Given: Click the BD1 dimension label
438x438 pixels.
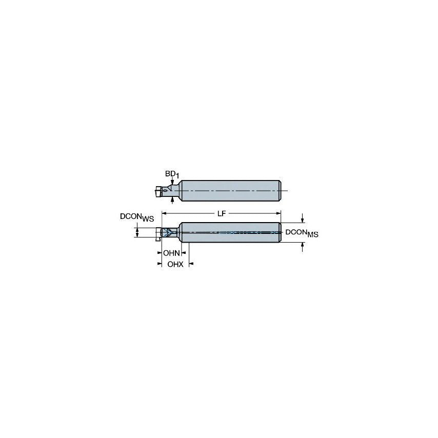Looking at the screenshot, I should click(x=172, y=175).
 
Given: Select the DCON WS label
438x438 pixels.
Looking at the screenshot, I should click(x=136, y=217).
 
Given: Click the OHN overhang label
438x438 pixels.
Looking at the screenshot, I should click(x=171, y=253).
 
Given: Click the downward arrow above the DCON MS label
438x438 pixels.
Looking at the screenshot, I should click(x=303, y=220).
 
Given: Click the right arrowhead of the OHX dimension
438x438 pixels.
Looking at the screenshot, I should click(x=191, y=264).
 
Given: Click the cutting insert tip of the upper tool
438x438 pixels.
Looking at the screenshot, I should click(x=156, y=192).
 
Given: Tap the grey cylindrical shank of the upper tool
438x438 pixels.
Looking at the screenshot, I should click(x=231, y=191).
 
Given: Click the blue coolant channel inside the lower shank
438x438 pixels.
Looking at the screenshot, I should click(x=231, y=232).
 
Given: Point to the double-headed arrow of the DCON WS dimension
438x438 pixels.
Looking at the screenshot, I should click(x=137, y=232).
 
